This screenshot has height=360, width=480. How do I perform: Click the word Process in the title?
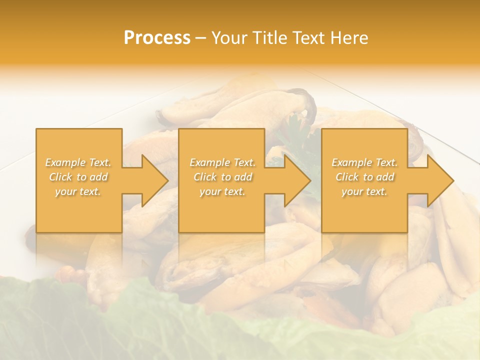coord(157,38)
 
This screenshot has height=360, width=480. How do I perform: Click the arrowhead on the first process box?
coord(149,180)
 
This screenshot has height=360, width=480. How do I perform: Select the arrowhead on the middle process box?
coord(292,180)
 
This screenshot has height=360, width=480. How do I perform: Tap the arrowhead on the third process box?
coord(435,180)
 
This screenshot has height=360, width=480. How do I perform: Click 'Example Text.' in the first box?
coord(78,162)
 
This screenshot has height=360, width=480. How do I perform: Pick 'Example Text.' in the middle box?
coord(222,162)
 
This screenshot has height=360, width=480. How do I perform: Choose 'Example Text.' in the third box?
coord(364,162)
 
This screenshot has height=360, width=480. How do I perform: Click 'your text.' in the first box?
coord(78,191)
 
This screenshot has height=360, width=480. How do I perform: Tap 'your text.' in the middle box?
coord(222,191)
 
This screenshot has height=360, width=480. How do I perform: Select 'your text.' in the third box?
coord(364,191)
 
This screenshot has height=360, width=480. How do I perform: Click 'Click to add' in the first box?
coord(78,177)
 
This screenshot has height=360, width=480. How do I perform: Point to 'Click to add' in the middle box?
coord(222,177)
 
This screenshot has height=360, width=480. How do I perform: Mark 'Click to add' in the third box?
coord(364,177)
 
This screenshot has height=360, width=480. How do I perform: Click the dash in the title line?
coord(201,38)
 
